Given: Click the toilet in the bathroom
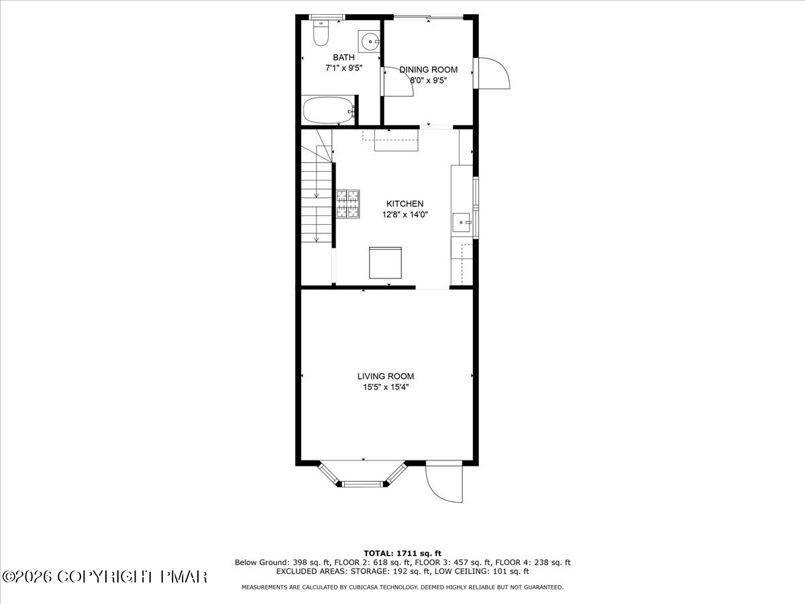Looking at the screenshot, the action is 321,33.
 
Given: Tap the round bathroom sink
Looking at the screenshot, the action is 370,42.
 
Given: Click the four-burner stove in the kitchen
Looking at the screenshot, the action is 347,204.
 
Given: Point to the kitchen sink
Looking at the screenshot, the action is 462,222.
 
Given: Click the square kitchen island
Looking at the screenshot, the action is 385,263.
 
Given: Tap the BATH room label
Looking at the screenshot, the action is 343,58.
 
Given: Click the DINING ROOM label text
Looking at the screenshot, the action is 429,70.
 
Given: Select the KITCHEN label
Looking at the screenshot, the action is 405,203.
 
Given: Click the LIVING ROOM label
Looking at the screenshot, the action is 386,376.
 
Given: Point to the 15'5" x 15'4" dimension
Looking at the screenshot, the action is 386,387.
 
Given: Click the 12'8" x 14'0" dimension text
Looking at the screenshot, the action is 405,215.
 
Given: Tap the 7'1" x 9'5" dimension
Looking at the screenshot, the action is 343,68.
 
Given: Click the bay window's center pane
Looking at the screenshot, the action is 362,484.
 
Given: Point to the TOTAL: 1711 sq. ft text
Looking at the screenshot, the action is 402,554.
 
